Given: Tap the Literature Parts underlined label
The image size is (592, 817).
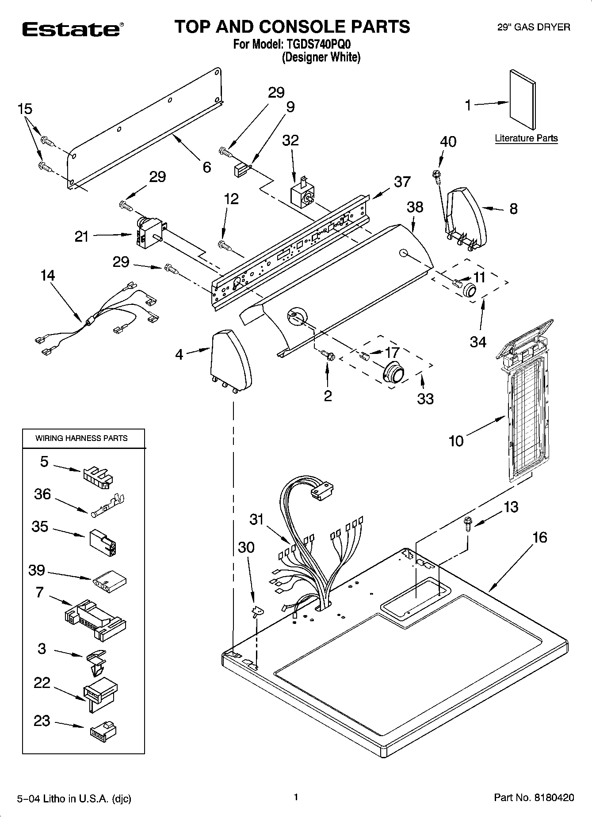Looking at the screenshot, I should point(526,138).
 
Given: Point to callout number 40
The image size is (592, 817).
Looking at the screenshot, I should point(448,142).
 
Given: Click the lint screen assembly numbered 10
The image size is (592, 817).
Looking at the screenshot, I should point(526,407).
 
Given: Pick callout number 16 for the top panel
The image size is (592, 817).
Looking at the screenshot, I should point(540,538).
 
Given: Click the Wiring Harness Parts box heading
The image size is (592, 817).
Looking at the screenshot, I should point(81,438).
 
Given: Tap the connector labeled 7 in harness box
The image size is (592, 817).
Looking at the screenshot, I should point(95,616).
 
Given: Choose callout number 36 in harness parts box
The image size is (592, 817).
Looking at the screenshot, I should point(42,494).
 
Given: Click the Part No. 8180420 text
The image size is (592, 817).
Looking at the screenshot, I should point(534,798).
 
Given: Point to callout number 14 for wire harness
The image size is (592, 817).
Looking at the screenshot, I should point(47,276).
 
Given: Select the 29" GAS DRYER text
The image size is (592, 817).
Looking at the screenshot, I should point(534,27).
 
